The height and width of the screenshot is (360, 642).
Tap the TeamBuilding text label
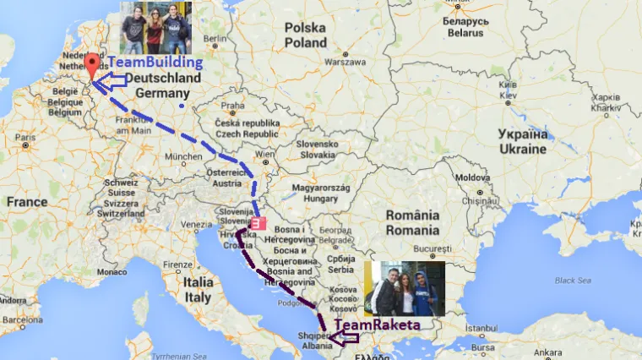point(156,63)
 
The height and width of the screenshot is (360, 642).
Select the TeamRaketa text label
point(376,325)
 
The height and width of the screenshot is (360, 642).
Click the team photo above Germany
point(155,28)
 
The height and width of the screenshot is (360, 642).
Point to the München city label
point(182,158)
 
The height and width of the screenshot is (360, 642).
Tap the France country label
point(27,203)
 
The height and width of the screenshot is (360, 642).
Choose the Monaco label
point(111,272)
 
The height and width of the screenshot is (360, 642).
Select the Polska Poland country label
point(305,35)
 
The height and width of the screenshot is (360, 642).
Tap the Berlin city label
point(215,39)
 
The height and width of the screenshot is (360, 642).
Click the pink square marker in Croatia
point(258,224)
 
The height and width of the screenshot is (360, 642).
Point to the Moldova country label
point(472,178)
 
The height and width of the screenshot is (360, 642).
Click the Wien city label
point(265,155)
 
